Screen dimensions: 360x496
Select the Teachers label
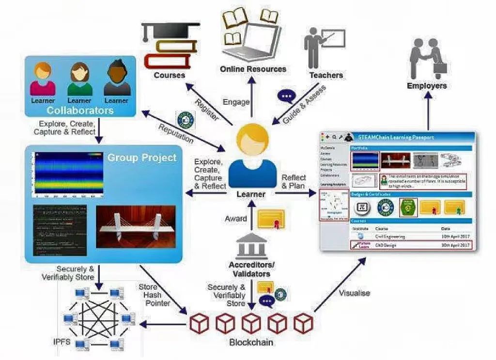tap(326, 75)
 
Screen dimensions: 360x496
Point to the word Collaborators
tap(80, 110)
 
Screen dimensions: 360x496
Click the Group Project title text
tap(142, 157)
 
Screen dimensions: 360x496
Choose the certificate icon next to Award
tap(270, 220)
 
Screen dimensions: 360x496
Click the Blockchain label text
tap(251, 342)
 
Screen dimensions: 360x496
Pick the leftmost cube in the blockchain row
tap(198, 323)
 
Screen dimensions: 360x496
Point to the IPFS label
tap(62, 342)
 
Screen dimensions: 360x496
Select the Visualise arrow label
tap(354, 293)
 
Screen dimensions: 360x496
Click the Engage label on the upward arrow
tap(236, 102)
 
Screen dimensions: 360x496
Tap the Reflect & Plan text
tap(294, 181)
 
